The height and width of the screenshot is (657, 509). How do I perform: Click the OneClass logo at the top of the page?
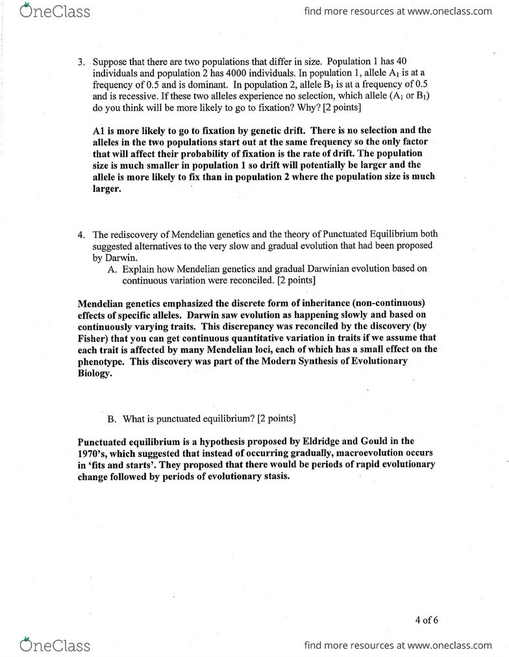(x=55, y=11)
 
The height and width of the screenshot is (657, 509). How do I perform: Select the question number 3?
(x=81, y=62)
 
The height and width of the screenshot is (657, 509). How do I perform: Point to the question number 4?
(x=81, y=235)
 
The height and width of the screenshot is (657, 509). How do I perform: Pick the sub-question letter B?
(x=112, y=418)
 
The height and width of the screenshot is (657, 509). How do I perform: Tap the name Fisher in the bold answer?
(x=92, y=338)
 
